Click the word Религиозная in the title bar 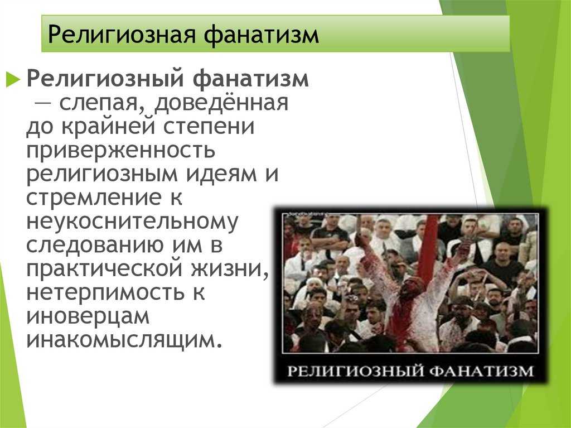(122, 35)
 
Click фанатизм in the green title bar (261, 35)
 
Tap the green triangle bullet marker (13, 79)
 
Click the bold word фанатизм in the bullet (250, 79)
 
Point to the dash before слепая (42, 103)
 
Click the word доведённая (221, 103)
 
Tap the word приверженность (120, 151)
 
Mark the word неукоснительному (132, 222)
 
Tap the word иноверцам (88, 316)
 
